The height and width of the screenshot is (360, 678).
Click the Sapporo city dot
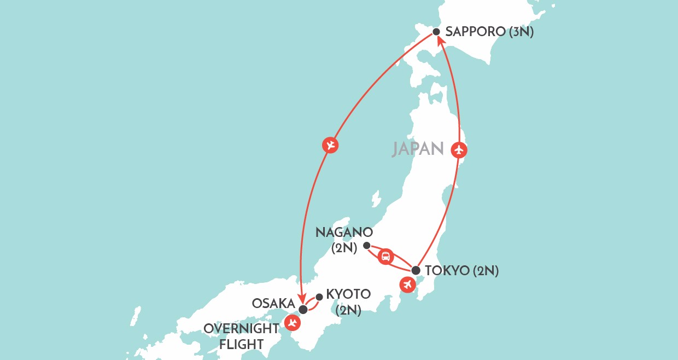coord(436,32)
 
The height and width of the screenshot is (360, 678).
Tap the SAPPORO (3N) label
coord(489,32)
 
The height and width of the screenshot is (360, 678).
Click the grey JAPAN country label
coord(417,149)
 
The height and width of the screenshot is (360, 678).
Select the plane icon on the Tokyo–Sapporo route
coord(459,149)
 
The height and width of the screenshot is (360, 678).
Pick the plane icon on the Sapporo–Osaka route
coord(330,146)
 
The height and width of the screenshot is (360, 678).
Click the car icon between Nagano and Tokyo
coord(386,256)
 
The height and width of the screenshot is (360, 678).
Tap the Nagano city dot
coord(367,245)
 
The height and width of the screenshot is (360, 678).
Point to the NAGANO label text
coord(344,232)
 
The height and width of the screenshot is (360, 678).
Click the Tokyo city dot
coord(416,270)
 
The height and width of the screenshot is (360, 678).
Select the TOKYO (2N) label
coord(461,270)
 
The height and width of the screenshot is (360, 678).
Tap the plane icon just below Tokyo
coord(406,284)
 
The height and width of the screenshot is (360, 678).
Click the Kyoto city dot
coord(319,297)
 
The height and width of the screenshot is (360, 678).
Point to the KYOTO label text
coord(348,294)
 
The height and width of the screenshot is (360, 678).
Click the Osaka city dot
coord(303,310)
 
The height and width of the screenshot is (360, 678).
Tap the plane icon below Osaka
coord(293,323)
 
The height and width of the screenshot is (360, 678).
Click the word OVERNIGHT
coord(241,328)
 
